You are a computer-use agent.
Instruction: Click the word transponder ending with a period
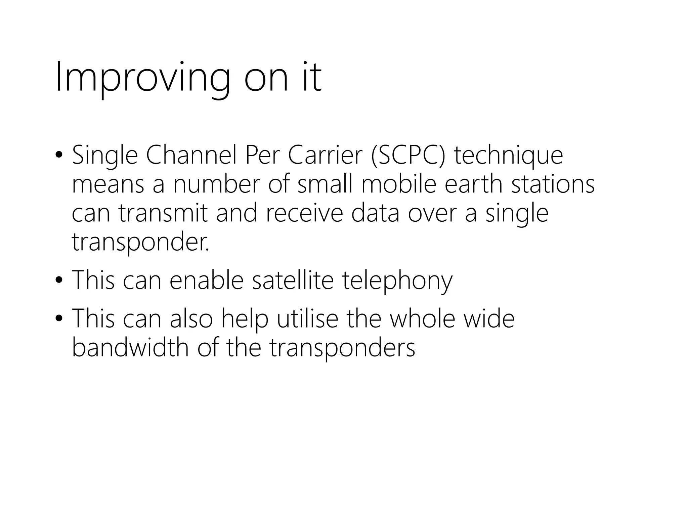point(140,243)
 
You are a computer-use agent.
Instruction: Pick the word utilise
point(307,318)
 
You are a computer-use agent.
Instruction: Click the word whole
point(422,318)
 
